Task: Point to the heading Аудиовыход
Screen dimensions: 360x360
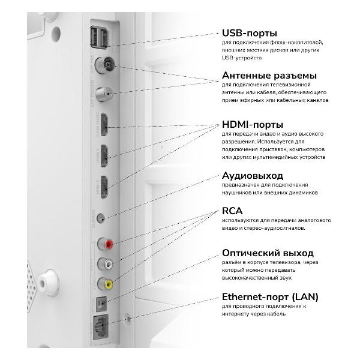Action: pyautogui.click(x=252, y=176)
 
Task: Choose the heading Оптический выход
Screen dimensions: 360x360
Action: pyautogui.click(x=270, y=253)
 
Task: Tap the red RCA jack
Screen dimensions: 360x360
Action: pyautogui.click(x=109, y=244)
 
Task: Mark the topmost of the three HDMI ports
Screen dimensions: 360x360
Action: pyautogui.click(x=105, y=125)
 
